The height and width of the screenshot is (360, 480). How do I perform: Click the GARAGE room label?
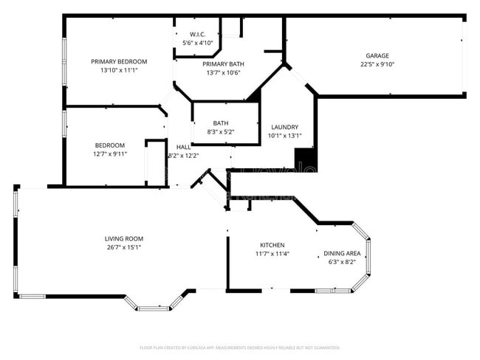(377, 56)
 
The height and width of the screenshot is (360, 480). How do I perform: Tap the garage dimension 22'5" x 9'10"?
(377, 64)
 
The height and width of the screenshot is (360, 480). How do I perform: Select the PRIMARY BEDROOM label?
(119, 61)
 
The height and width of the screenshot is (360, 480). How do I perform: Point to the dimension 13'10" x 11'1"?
(119, 70)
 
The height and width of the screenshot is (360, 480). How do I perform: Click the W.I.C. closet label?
(197, 35)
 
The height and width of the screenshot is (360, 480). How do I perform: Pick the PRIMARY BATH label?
(224, 64)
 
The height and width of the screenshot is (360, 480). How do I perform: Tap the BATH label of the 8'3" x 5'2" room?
(221, 123)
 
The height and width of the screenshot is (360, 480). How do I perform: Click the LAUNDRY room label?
(284, 127)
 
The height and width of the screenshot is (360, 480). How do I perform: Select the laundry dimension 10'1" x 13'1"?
(284, 136)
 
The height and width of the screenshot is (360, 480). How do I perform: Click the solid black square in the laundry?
(304, 158)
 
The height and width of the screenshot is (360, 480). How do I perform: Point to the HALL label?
(183, 147)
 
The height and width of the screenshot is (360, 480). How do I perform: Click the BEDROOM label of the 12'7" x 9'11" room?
(109, 145)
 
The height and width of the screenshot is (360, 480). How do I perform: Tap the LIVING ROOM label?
(123, 238)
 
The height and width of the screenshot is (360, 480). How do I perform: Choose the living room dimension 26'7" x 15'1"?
(123, 247)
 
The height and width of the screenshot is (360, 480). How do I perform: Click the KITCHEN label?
(272, 245)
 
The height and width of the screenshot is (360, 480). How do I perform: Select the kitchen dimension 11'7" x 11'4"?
(272, 254)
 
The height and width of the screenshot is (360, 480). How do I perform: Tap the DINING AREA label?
(342, 253)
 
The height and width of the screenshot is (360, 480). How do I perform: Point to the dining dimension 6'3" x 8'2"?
(342, 262)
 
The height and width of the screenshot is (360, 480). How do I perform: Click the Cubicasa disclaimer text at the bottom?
(239, 347)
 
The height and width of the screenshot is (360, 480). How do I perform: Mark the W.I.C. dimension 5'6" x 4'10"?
(197, 43)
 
